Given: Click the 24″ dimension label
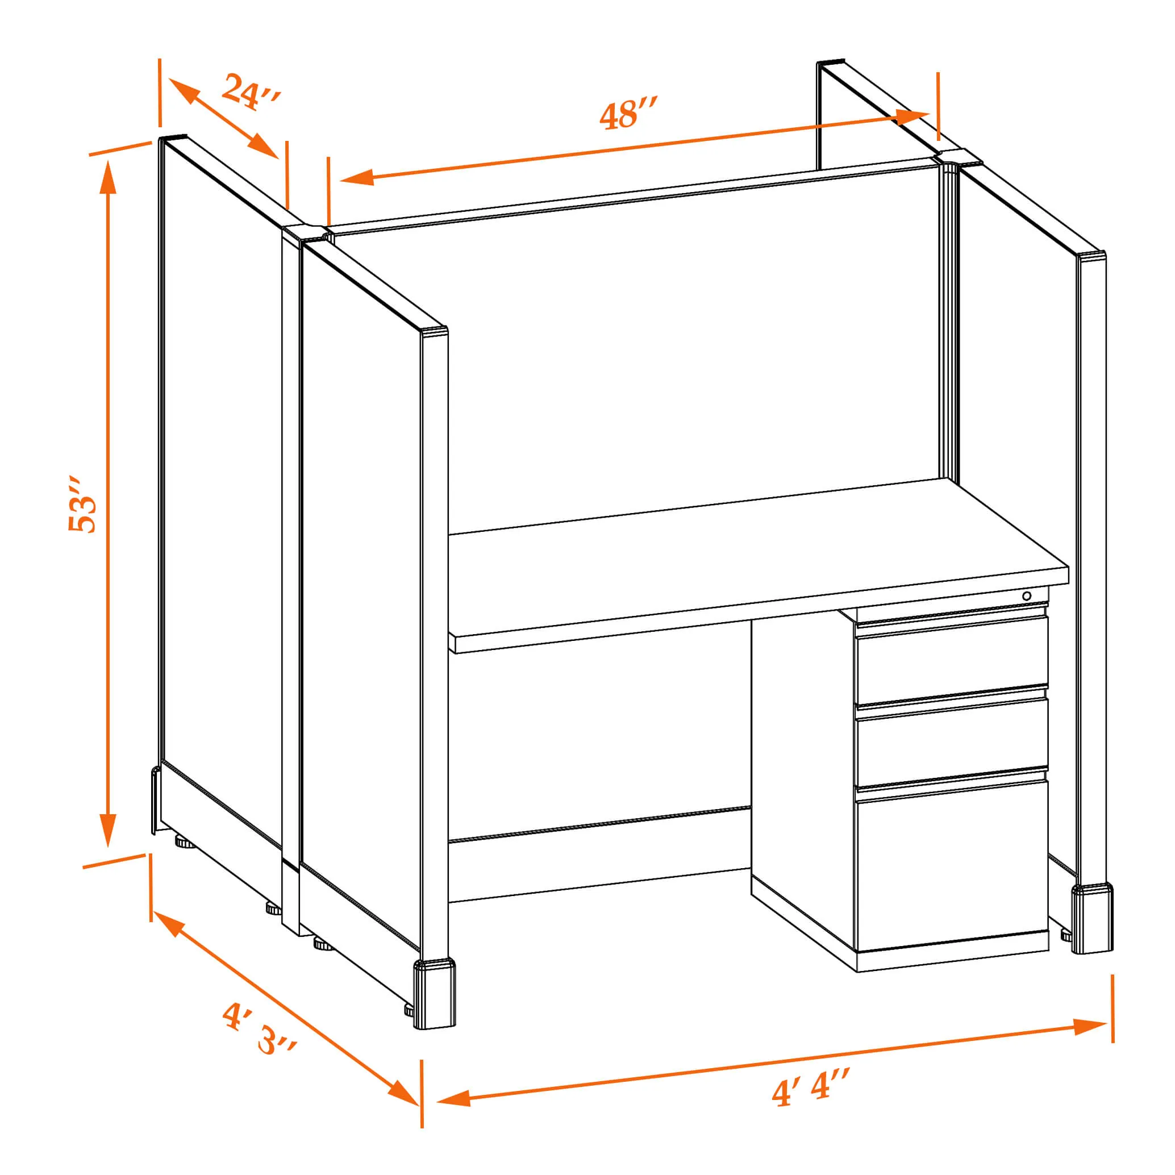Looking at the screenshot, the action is pos(251,91).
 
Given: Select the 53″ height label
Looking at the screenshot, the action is pos(82,504).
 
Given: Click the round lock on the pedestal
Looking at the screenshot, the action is pos(1027,595).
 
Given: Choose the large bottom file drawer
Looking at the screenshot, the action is pos(952,867).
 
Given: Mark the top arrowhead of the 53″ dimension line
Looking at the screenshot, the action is pos(109,176).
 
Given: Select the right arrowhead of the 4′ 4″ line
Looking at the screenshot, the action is pos(1090,1026).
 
